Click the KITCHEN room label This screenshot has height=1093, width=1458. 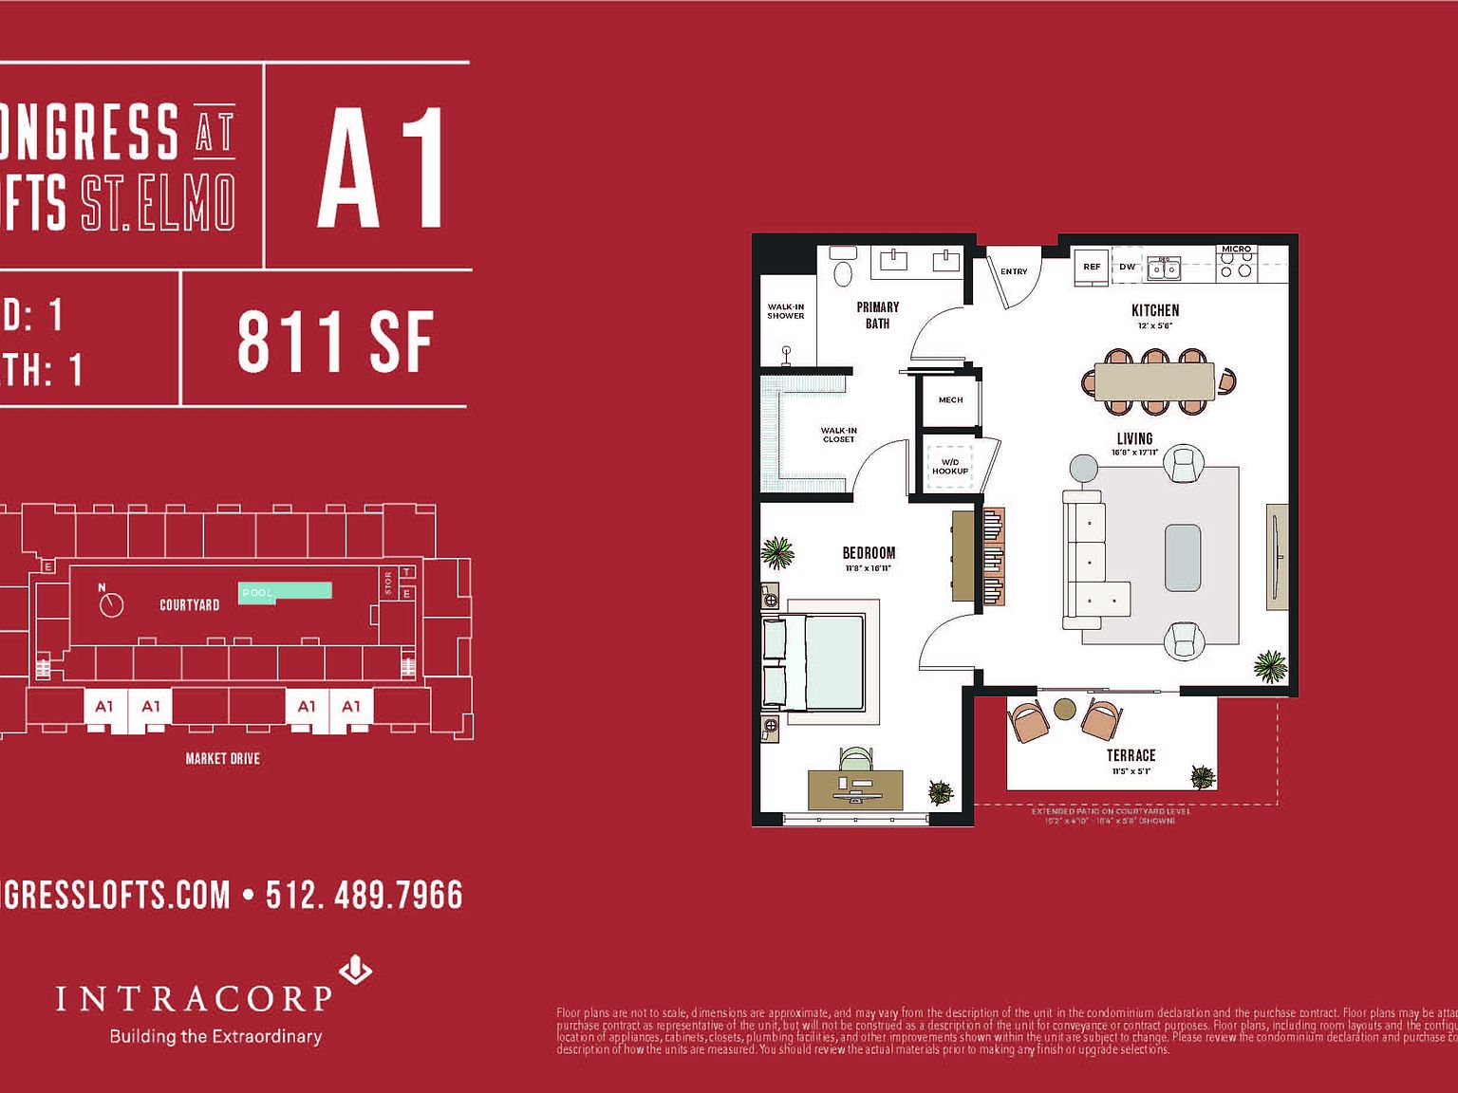tap(1155, 310)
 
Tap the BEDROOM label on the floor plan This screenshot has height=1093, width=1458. tap(869, 553)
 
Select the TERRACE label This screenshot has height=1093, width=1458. tap(1131, 755)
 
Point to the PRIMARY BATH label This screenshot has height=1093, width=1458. tap(877, 315)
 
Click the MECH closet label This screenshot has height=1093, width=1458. tap(950, 400)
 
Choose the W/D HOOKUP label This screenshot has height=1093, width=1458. tap(950, 467)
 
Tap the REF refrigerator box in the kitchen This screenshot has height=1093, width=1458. tap(1092, 267)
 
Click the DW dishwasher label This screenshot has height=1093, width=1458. tap(1128, 267)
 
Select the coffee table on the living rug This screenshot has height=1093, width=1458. tap(1183, 558)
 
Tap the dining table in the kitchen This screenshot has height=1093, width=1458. tap(1154, 381)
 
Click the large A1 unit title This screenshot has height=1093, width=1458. tap(381, 169)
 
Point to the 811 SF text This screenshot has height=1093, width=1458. tap(335, 343)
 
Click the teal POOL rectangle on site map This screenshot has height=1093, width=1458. tap(285, 591)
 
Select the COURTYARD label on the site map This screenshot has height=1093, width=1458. tap(189, 604)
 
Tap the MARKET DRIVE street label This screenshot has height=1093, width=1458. tap(222, 758)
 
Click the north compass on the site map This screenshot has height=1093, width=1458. tap(111, 603)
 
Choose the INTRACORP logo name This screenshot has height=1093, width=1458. tap(194, 999)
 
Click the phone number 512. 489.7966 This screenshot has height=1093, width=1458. tap(364, 895)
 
